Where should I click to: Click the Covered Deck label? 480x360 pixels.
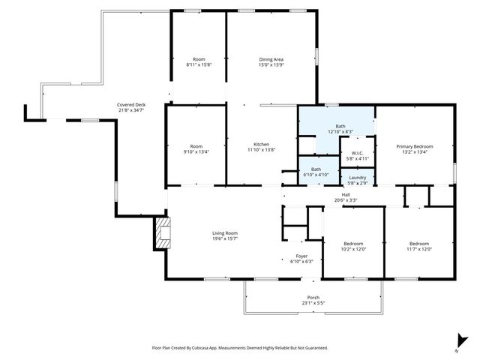point(130,104)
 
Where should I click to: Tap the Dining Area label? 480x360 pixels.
point(271,59)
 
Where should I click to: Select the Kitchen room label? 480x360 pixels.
point(261,144)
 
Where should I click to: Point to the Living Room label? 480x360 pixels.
point(224,233)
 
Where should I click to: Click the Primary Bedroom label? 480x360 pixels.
point(415,146)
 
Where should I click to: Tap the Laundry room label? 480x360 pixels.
point(357,177)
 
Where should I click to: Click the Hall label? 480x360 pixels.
point(346,195)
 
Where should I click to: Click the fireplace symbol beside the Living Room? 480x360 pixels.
point(162,232)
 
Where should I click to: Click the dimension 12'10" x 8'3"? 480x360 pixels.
point(340,132)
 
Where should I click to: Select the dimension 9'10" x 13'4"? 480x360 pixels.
point(196,152)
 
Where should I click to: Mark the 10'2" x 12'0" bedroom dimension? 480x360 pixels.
point(353,250)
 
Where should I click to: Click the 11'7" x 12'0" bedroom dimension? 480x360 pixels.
point(419,250)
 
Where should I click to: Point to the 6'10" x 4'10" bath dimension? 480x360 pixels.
point(316,175)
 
